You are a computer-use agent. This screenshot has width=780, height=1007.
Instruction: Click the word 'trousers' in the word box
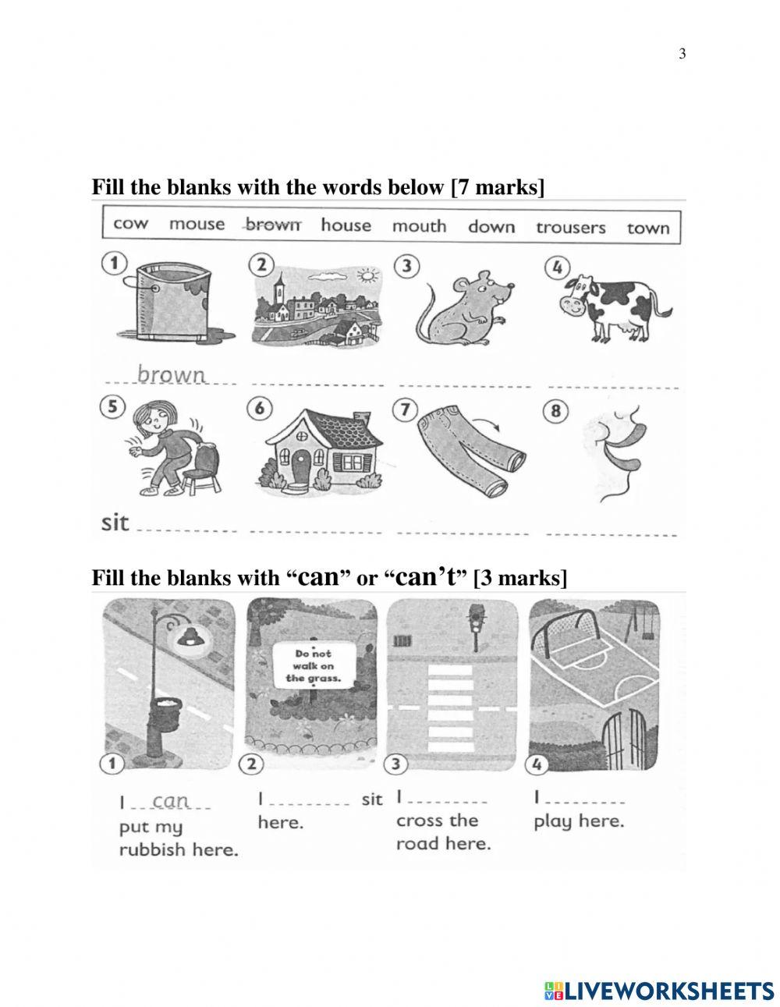(x=570, y=227)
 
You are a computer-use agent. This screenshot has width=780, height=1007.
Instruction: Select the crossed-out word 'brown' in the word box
(x=271, y=225)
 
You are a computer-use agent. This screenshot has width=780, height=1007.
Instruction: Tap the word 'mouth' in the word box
(x=419, y=226)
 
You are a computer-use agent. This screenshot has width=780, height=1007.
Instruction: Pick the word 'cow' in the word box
(x=130, y=224)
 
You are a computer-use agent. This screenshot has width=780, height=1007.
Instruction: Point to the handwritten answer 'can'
(x=171, y=801)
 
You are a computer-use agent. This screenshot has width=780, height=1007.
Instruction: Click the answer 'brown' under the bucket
(x=171, y=374)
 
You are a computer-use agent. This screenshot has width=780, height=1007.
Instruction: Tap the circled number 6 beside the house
(x=260, y=409)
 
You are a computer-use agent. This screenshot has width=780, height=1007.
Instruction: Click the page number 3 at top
(x=682, y=54)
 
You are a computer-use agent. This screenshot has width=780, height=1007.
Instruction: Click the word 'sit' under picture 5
(x=115, y=523)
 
